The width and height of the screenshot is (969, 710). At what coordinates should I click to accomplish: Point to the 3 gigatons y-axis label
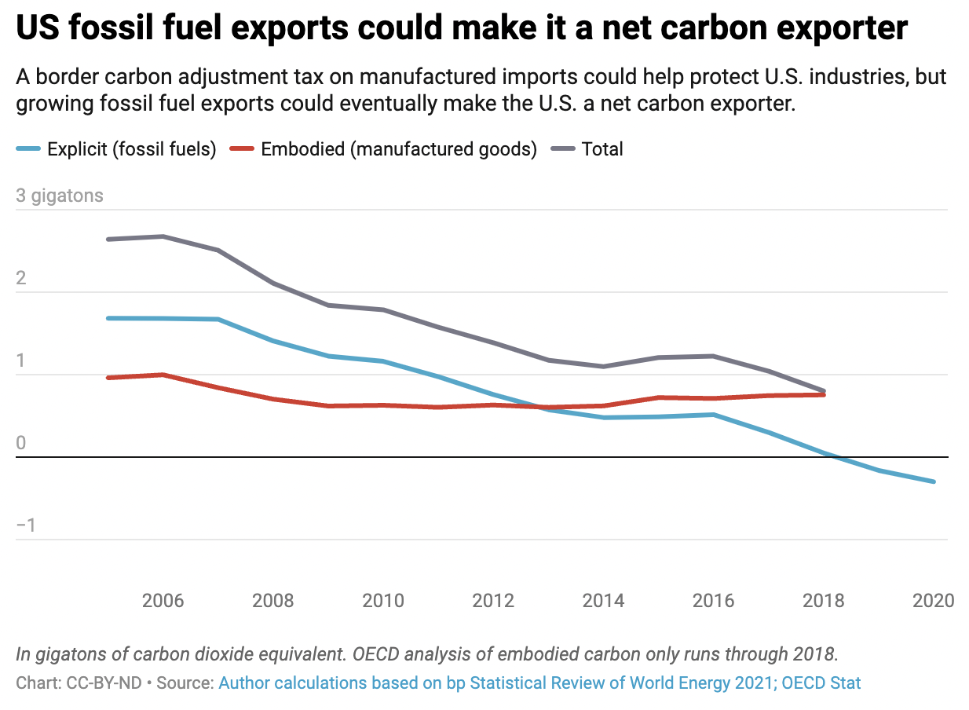60,196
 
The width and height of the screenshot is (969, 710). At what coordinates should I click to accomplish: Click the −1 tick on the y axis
27,525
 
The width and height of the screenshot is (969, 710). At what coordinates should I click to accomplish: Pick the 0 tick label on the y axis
21,443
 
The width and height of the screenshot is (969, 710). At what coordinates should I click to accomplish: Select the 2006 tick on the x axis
163,601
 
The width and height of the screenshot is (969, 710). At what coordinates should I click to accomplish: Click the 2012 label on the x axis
493,601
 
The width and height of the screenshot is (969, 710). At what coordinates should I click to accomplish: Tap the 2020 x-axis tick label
934,601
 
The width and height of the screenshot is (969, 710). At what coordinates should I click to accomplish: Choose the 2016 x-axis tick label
713,601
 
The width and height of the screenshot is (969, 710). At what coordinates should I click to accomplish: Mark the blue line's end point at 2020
934,481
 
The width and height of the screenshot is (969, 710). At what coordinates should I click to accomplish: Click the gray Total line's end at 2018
824,390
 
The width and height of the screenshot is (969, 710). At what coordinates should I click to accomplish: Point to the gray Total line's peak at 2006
163,236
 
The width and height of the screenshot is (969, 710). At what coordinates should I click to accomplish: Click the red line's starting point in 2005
108,378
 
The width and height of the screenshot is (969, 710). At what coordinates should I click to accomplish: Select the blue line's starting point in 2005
108,318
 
